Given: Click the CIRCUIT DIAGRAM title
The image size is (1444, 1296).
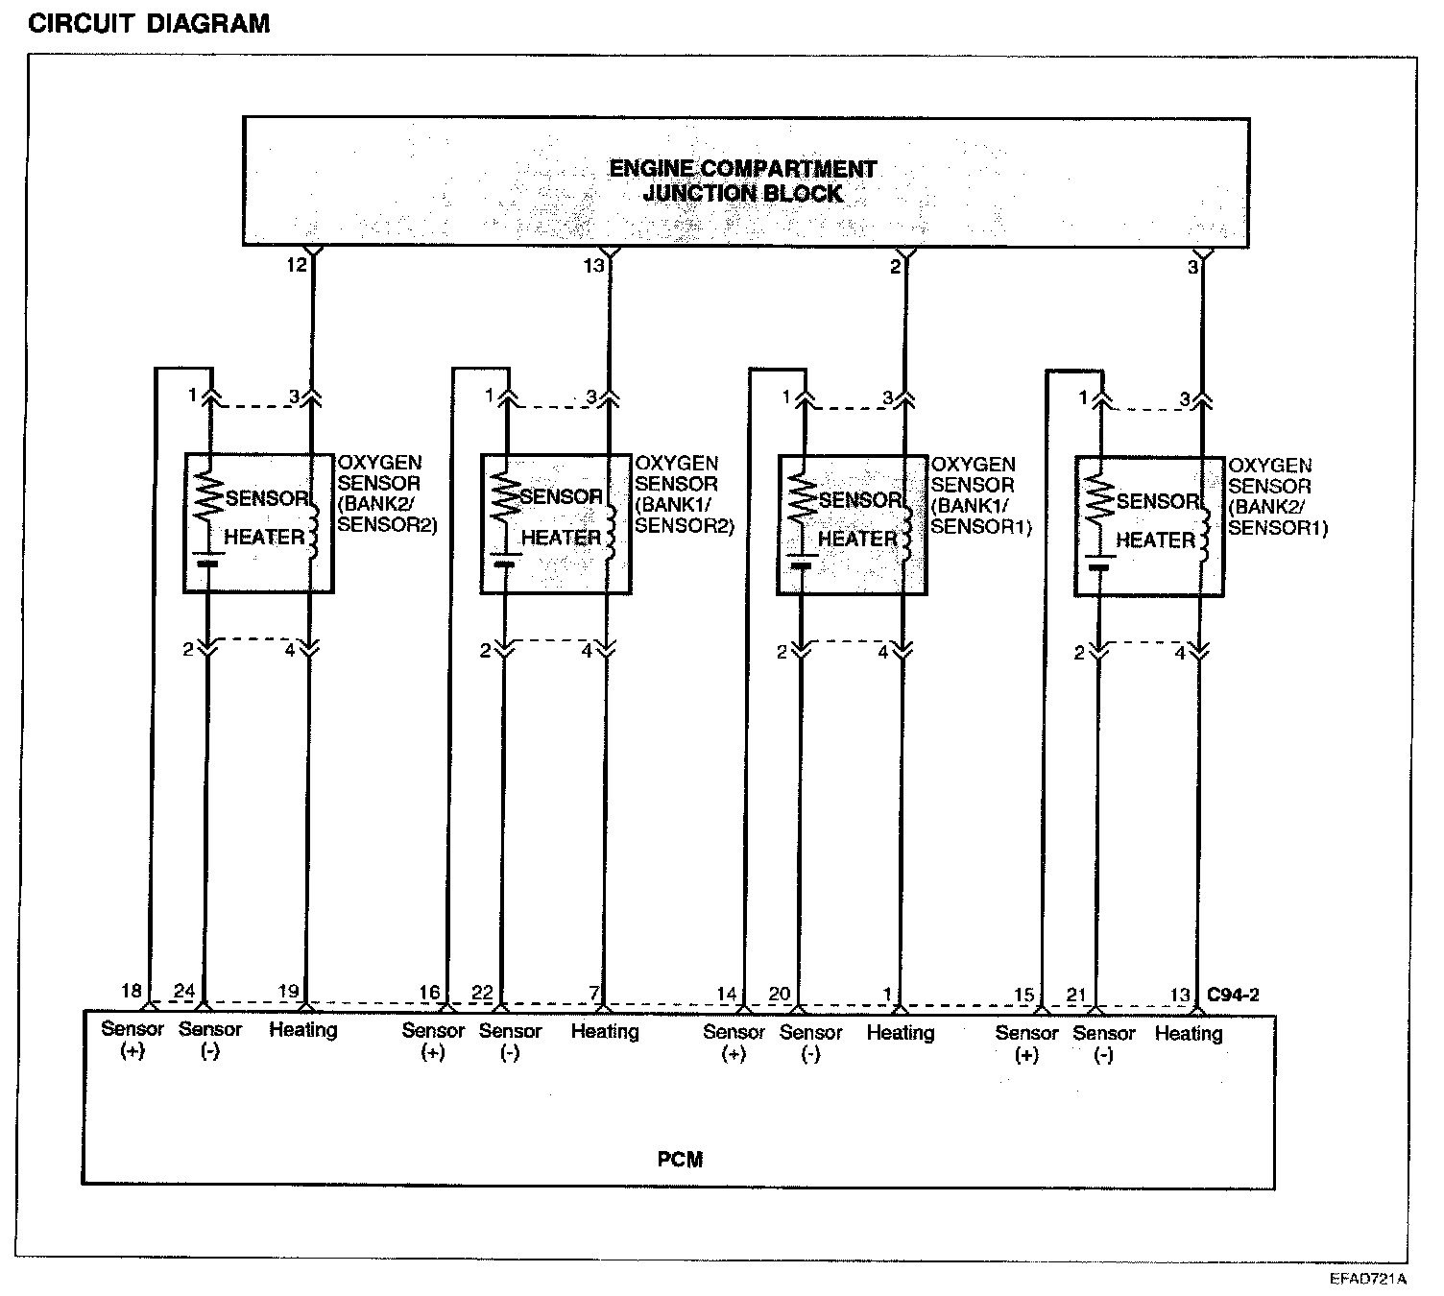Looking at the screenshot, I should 149,23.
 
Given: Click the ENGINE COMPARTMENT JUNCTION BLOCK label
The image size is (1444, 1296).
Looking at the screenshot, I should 743,181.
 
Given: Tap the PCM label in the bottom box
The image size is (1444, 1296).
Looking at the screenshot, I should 680,1159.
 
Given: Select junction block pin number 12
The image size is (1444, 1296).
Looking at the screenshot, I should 297,265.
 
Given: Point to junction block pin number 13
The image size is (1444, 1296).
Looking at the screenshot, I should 593,265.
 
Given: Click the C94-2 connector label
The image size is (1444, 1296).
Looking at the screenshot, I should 1233,995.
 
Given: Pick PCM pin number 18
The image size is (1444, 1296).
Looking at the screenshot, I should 132,991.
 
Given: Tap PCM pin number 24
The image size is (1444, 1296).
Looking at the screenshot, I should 183,991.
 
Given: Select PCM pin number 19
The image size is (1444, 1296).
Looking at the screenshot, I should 288,992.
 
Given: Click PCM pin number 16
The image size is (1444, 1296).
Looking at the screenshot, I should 429,993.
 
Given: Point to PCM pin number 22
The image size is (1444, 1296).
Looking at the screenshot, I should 482,993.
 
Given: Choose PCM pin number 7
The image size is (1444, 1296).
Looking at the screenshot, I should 594,993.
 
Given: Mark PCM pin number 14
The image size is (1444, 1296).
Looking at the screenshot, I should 727,994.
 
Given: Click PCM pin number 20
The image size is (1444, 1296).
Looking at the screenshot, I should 779,994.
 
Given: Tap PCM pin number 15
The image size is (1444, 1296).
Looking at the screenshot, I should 1024,995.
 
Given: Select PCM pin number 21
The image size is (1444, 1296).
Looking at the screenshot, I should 1076,995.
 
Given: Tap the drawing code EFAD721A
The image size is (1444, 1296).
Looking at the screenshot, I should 1368,1279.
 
